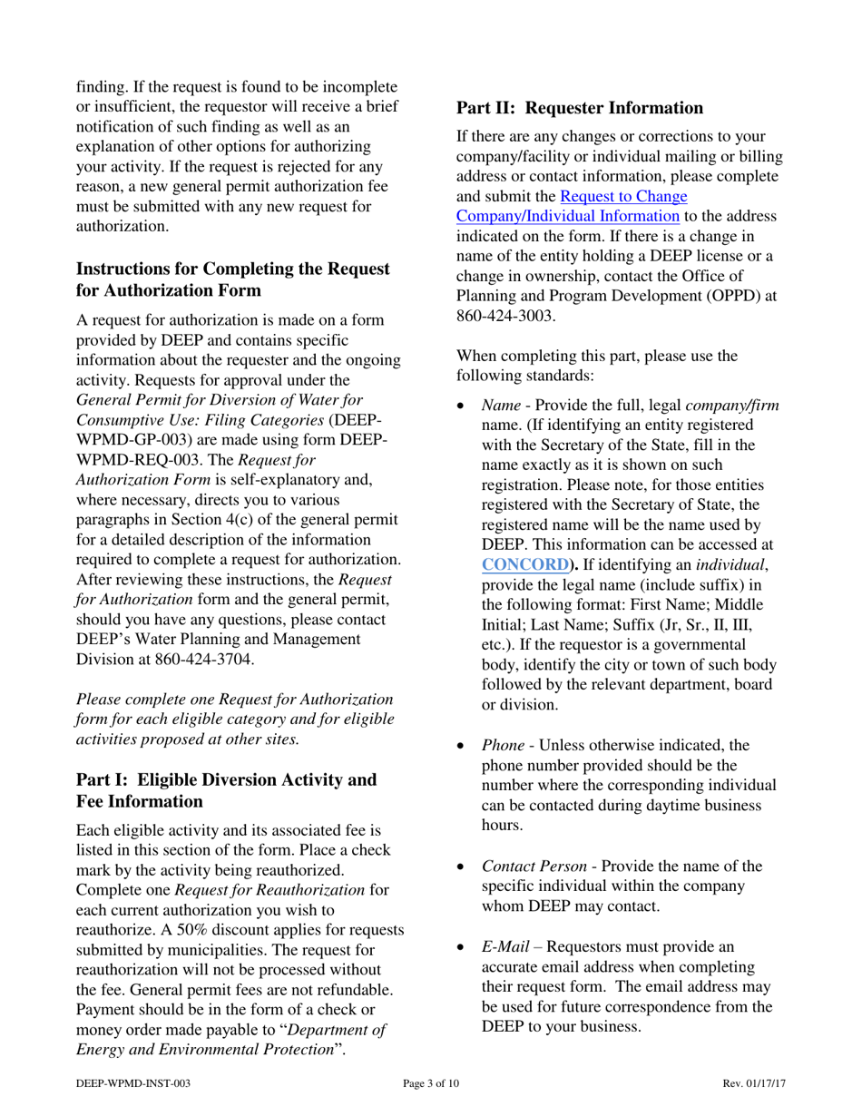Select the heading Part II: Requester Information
click(580, 108)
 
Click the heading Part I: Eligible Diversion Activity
click(225, 780)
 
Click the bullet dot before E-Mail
click(461, 947)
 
